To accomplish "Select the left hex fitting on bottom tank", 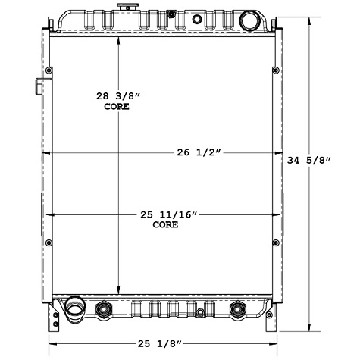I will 103,308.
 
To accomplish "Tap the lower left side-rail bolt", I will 49,243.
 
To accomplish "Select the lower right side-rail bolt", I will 272,243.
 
